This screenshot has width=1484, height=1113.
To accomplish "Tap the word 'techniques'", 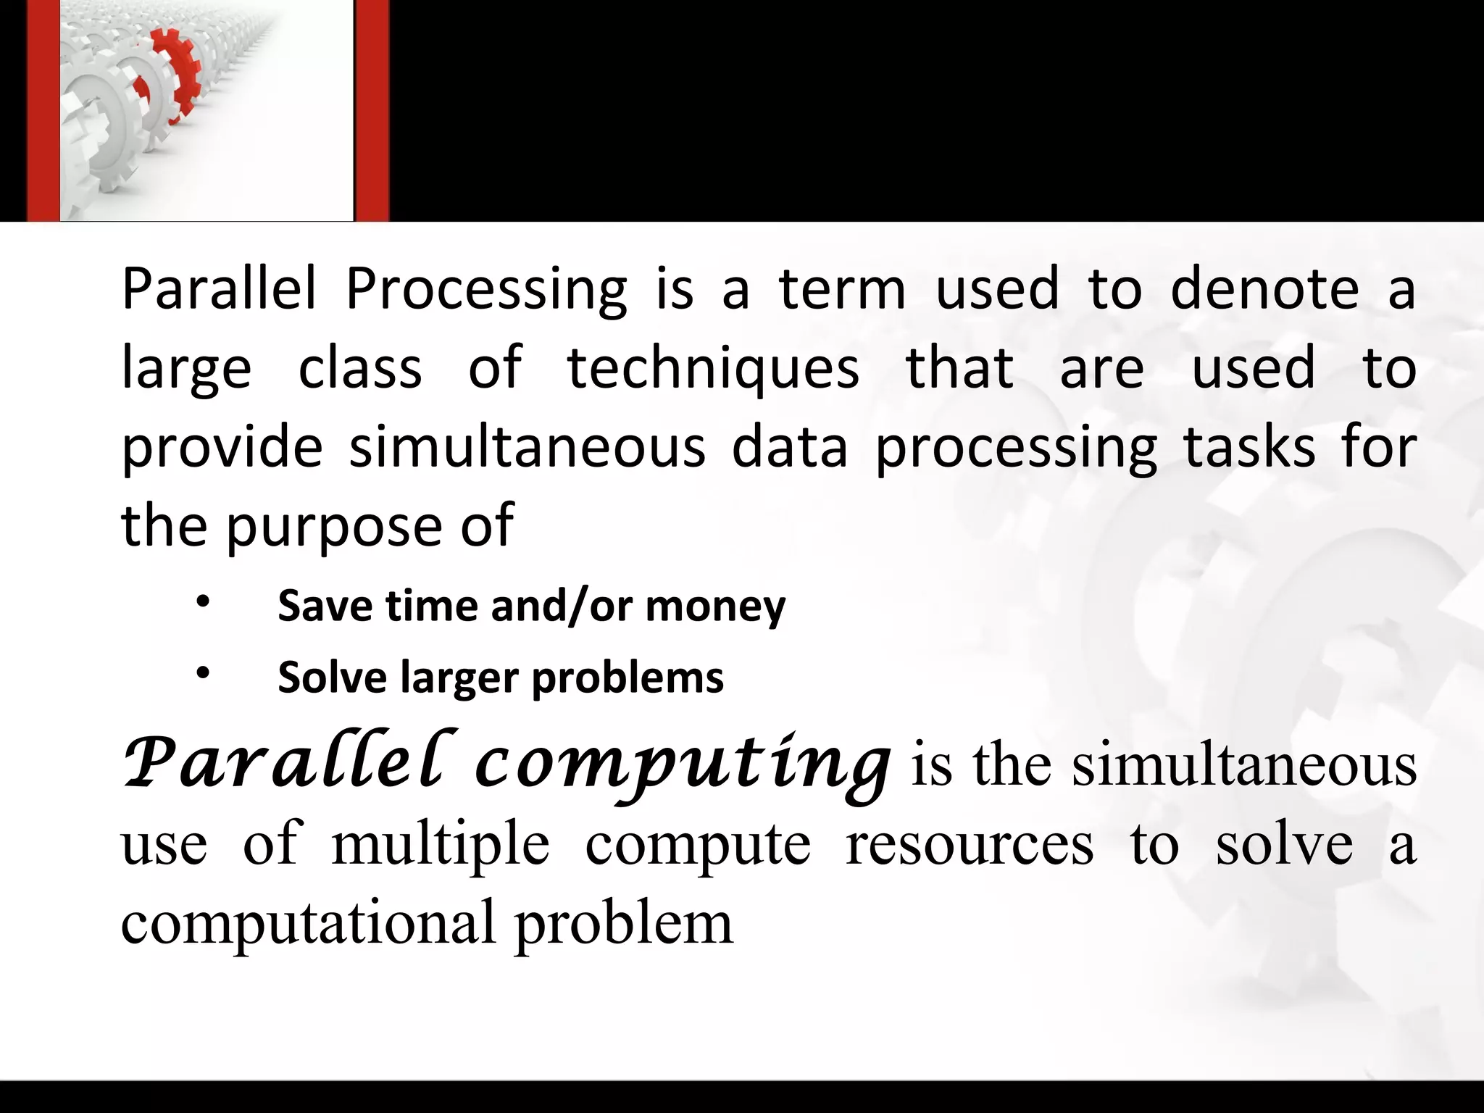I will pyautogui.click(x=713, y=368).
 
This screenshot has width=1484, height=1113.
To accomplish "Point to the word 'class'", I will pyautogui.click(x=360, y=368).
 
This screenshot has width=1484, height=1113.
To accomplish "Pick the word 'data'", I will pyautogui.click(x=789, y=447).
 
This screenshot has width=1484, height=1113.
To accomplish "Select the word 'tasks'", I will pyautogui.click(x=1249, y=447).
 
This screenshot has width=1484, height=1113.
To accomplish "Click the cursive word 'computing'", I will pyautogui.click(x=681, y=767).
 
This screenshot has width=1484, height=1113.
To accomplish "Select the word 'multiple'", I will pyautogui.click(x=441, y=846).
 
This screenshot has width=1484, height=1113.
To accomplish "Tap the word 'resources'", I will pyautogui.click(x=970, y=845).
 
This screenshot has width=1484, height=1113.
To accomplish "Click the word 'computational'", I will pyautogui.click(x=309, y=924).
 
